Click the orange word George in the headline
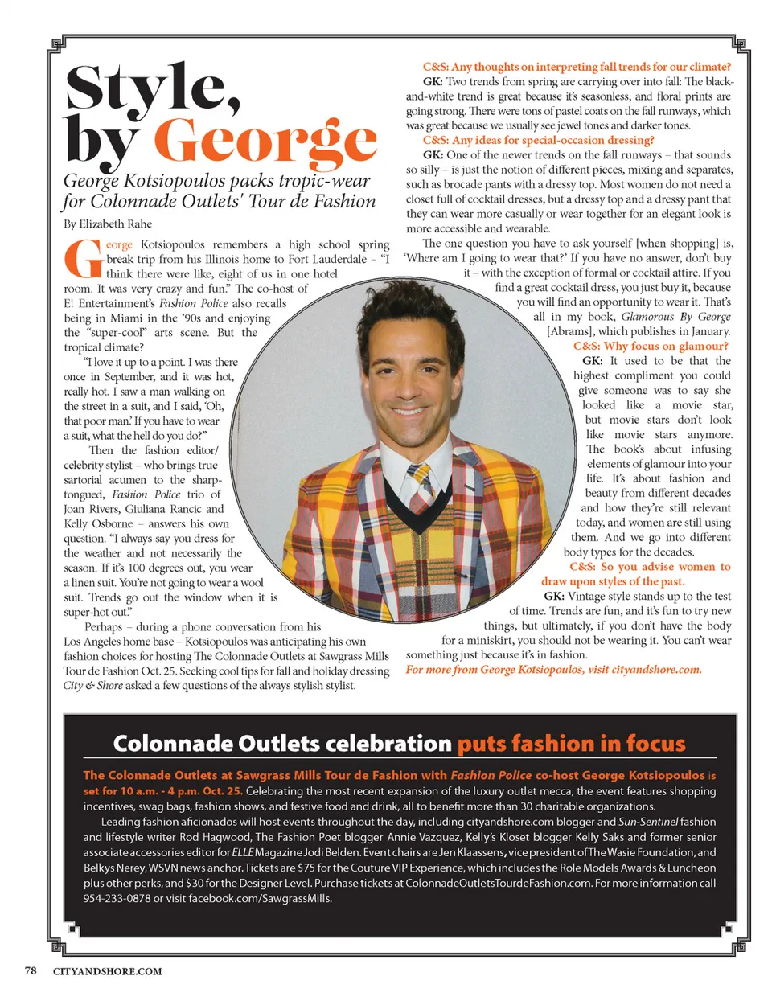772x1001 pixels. [265, 140]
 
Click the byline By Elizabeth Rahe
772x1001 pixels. [108, 224]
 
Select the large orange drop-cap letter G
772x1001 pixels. [83, 260]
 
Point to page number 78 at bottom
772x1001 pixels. [31, 970]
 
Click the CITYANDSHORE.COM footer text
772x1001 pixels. [107, 971]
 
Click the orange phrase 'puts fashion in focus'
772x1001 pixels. [571, 744]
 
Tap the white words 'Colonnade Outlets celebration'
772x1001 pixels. [282, 744]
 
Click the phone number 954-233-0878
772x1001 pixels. [117, 898]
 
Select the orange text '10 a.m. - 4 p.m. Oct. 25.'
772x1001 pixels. [173, 790]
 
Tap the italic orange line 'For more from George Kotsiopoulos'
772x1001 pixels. [553, 669]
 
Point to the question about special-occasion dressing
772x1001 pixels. [577, 140]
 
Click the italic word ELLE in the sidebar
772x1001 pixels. [242, 852]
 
